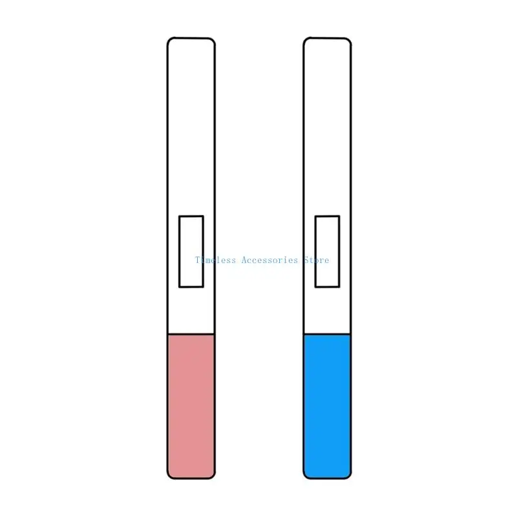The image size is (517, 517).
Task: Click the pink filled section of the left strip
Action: coord(191,406)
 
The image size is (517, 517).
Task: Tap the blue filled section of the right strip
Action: coord(327,406)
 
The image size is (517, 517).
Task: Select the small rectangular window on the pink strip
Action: coord(191,251)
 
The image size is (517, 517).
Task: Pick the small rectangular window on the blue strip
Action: coord(327,251)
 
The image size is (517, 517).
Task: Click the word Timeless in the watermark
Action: coord(216,260)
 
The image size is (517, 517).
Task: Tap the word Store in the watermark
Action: coord(316,260)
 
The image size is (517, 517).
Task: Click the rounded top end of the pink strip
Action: coord(191,41)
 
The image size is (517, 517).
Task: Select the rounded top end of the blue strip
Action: coord(327,41)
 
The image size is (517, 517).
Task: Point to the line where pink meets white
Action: coord(191,334)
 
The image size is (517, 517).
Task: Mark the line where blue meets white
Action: coord(327,334)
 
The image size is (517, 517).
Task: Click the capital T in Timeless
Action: coord(198,260)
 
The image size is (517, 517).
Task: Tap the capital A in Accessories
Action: coord(243,260)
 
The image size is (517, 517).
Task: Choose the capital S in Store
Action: coord(306,260)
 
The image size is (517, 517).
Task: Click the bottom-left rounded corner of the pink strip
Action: coord(171,476)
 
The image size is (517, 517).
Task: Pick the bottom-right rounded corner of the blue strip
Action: coord(348,476)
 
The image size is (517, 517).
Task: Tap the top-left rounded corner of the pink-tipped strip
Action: coord(171,41)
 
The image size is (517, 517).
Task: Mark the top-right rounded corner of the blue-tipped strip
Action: coord(348,41)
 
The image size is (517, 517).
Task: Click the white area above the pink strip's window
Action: coord(191,129)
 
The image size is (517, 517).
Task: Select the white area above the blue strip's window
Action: coord(327,129)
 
